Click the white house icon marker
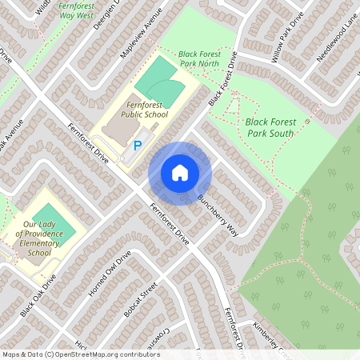pos(179,173)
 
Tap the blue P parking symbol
pos(138,146)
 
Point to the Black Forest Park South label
pos(270,127)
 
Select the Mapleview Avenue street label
pos(141,34)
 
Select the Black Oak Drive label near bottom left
pos(39,296)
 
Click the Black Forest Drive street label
pos(223,80)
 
